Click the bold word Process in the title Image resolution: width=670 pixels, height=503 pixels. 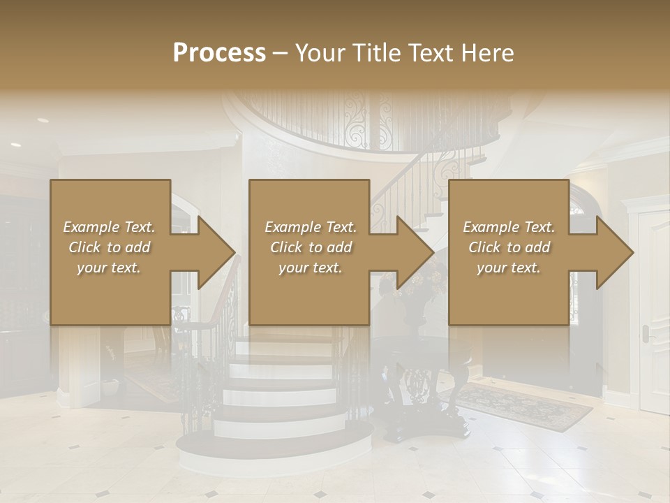click(x=219, y=53)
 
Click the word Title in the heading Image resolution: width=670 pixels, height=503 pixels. click(x=375, y=53)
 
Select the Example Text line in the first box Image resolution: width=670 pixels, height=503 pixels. click(x=109, y=227)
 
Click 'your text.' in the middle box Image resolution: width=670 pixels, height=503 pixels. click(x=310, y=268)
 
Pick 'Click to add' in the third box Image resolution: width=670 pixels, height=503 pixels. click(x=509, y=247)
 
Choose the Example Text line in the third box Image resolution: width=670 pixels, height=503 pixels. click(x=509, y=227)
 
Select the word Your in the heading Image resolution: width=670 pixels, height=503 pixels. click(x=320, y=53)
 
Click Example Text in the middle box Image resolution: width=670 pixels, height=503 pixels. click(x=310, y=227)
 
